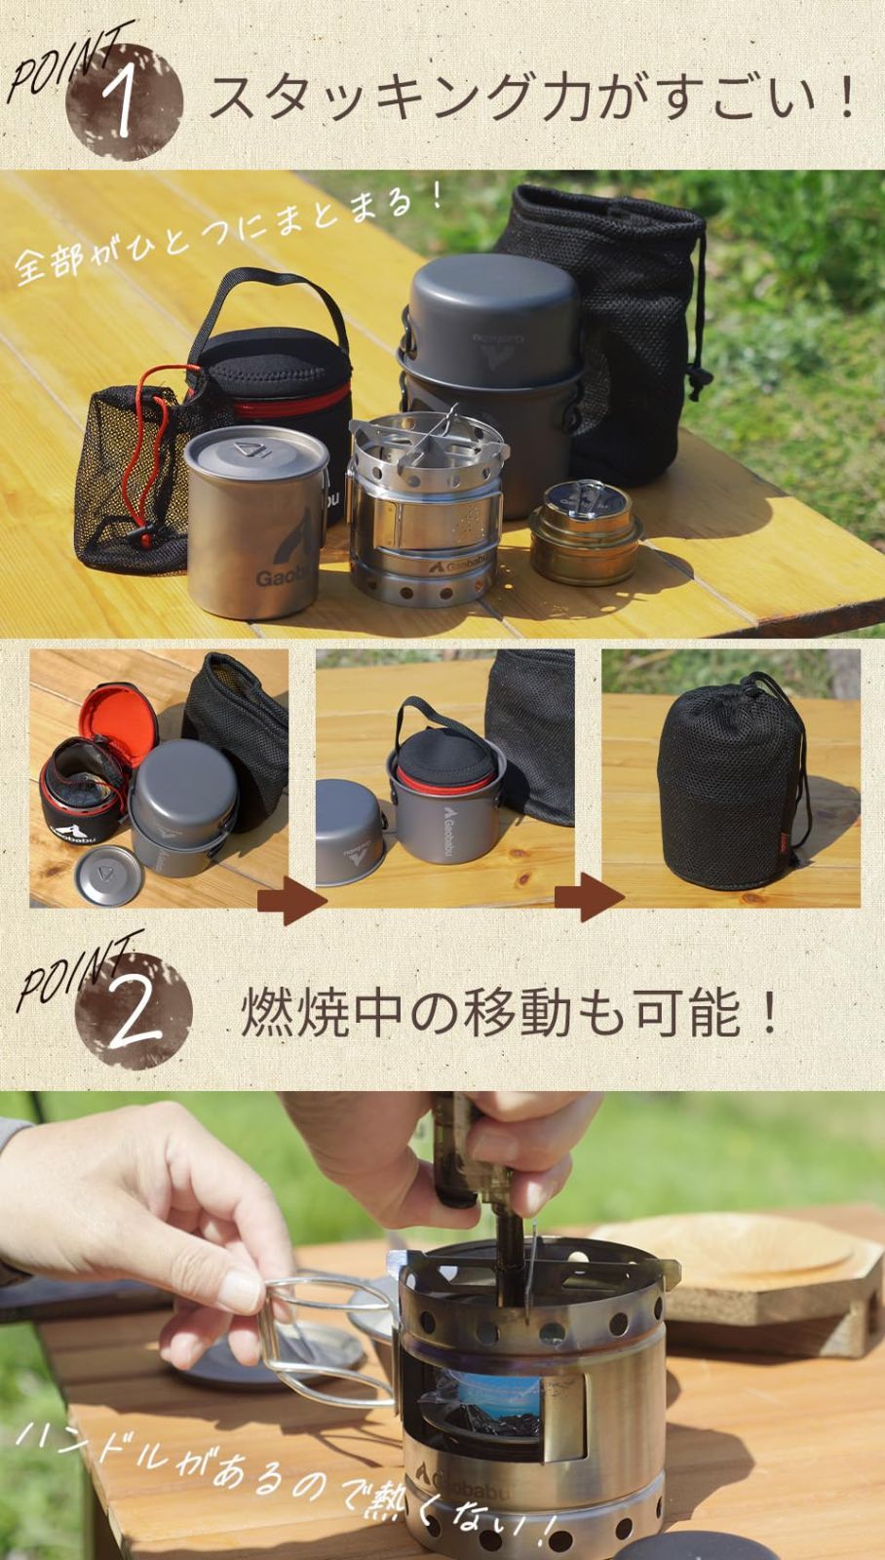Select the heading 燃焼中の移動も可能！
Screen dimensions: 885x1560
coord(510,1014)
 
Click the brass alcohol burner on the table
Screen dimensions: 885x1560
coord(585,531)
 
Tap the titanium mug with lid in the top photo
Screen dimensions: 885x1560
coord(256,523)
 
